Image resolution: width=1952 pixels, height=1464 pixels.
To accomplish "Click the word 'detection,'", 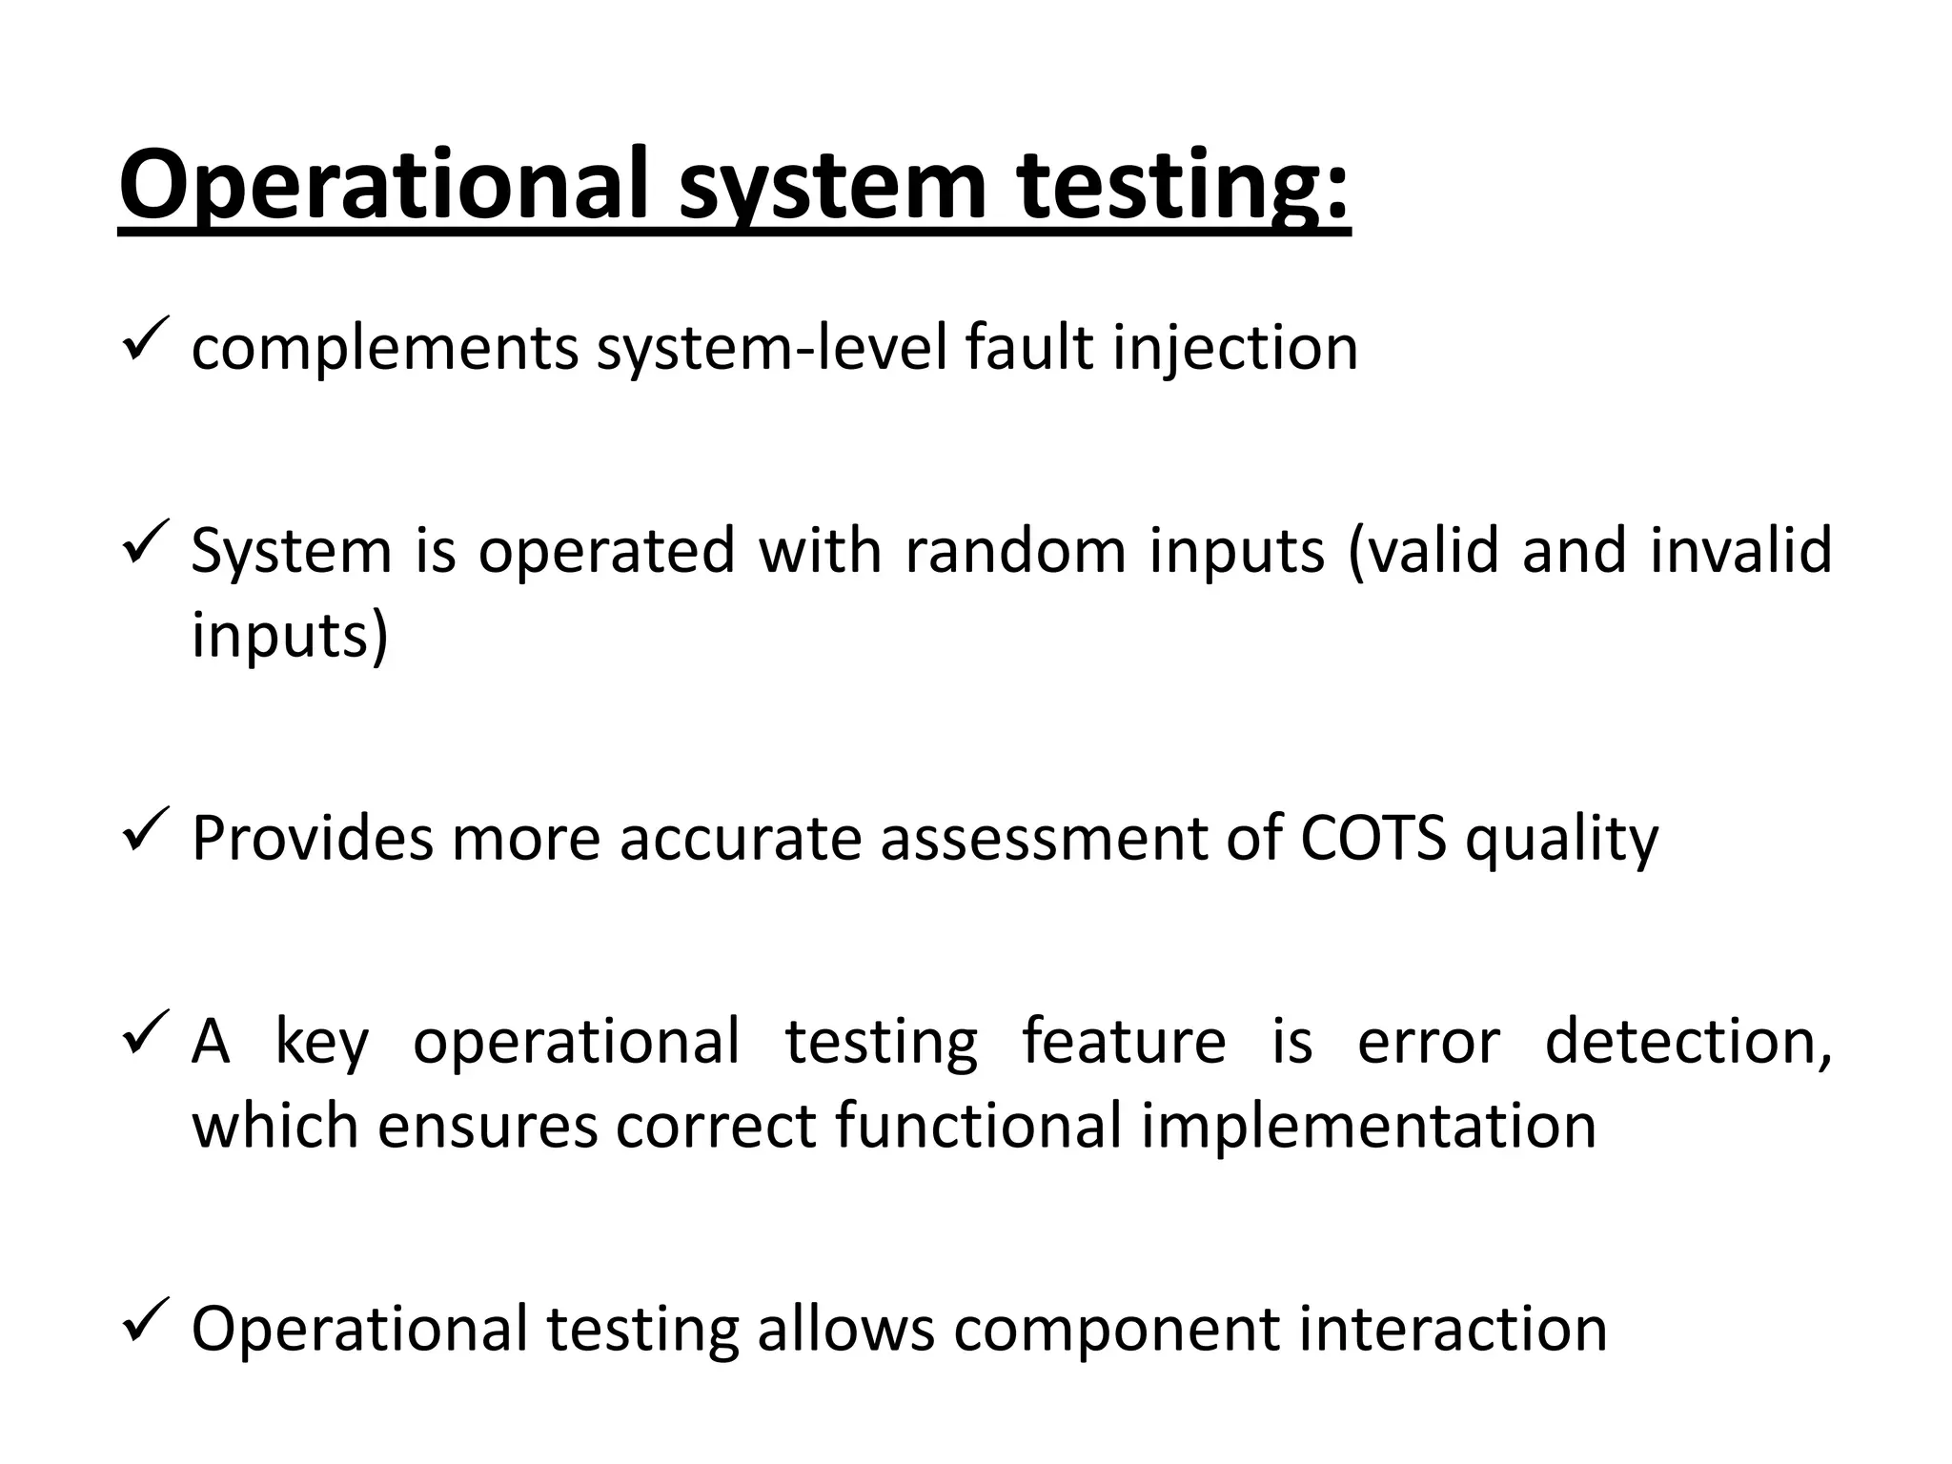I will pos(1688,1041).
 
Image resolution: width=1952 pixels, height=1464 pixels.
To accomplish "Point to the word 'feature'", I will pos(1124,1041).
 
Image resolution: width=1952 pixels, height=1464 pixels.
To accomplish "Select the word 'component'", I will pos(1115,1331).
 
